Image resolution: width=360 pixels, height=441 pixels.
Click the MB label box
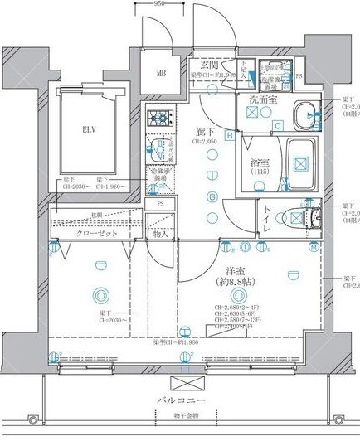pos(161,72)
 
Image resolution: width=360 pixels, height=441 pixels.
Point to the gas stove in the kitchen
pos(158,119)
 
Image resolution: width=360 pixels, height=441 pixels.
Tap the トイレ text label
pos(265,217)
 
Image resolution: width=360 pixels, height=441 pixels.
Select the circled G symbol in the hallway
pos(212,197)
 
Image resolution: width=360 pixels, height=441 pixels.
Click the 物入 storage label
pos(160,235)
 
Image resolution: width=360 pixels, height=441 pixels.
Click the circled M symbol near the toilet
pos(314,248)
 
